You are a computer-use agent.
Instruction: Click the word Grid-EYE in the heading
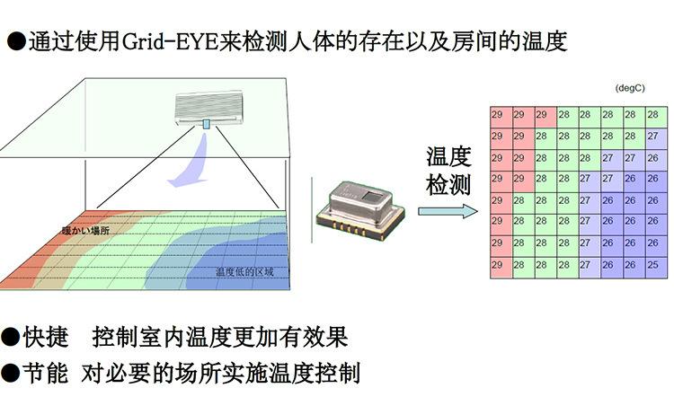[171, 41]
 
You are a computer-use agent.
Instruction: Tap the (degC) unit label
[630, 88]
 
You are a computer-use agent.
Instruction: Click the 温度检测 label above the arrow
[448, 171]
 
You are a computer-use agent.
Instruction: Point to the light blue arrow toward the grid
[448, 211]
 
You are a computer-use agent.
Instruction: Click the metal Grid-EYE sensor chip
[360, 209]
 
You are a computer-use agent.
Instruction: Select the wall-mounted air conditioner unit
[208, 109]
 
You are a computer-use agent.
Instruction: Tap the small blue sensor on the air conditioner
[207, 124]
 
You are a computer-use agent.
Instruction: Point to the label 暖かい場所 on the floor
[85, 230]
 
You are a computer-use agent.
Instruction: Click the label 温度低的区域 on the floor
[244, 271]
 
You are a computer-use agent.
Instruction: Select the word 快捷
[46, 337]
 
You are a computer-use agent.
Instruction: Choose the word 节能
[46, 372]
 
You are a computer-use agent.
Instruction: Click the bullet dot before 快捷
[10, 337]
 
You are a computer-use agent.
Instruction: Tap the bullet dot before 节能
[10, 373]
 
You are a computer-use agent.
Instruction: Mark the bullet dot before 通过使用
[16, 41]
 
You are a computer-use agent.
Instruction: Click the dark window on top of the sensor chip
[371, 197]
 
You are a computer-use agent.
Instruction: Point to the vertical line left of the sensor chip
[312, 209]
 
